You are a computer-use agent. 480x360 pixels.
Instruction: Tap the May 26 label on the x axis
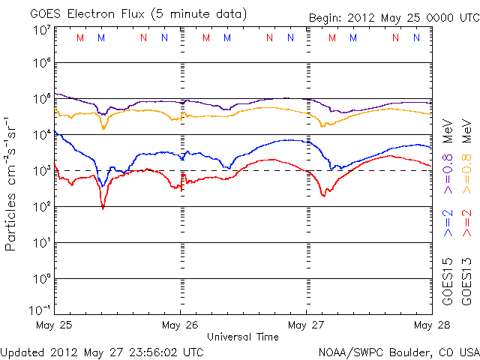pos(180,325)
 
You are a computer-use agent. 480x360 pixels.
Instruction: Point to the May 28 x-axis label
pos(432,325)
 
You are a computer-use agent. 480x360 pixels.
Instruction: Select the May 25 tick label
pos(54,325)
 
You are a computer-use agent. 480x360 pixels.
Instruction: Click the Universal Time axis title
pos(243,337)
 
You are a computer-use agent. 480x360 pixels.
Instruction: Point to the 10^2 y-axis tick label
pos(42,207)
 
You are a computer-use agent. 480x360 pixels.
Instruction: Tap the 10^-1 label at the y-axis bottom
pos(40,310)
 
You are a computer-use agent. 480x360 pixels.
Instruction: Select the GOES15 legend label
pos(447,282)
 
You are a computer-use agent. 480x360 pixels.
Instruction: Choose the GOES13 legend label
pos(466,282)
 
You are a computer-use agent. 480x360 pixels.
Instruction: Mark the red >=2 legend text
pos(467,223)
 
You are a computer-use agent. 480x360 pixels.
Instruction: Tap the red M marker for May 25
pos(80,38)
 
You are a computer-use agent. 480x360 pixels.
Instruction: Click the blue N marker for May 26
pos(290,37)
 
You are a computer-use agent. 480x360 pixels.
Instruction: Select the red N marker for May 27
pos(395,37)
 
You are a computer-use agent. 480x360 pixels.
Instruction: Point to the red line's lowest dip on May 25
pos(103,208)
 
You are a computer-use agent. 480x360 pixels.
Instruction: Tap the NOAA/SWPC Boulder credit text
pos(399,352)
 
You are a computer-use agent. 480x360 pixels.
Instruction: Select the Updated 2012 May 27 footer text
pos(102,352)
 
